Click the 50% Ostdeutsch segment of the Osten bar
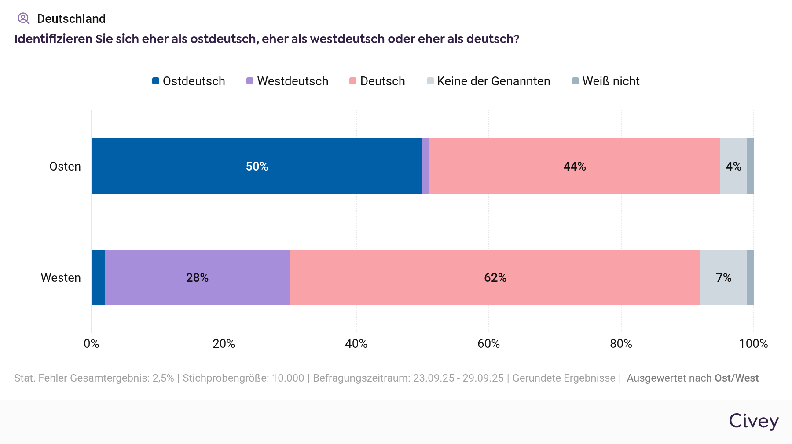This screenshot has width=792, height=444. (x=257, y=166)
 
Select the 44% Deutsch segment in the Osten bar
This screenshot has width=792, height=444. (x=574, y=166)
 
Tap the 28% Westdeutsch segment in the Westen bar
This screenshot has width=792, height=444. (x=197, y=277)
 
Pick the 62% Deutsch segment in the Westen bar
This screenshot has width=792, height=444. (x=495, y=277)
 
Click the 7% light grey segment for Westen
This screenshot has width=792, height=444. (x=723, y=277)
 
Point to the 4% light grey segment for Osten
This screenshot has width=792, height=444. (x=733, y=166)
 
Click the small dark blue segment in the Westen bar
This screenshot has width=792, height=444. (x=98, y=277)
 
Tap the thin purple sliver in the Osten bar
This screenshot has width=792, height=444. (x=425, y=166)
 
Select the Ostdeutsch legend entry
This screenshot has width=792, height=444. (x=189, y=81)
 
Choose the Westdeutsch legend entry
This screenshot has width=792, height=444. (x=287, y=81)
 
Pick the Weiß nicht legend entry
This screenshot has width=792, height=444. (x=606, y=81)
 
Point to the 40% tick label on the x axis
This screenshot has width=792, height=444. (x=356, y=344)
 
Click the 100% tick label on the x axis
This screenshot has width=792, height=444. (x=753, y=344)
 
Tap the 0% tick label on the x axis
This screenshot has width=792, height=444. (x=92, y=344)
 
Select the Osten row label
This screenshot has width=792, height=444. (x=65, y=167)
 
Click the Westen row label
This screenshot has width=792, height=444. (x=61, y=278)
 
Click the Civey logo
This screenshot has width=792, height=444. (x=753, y=421)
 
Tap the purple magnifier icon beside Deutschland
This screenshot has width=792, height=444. (x=23, y=18)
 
